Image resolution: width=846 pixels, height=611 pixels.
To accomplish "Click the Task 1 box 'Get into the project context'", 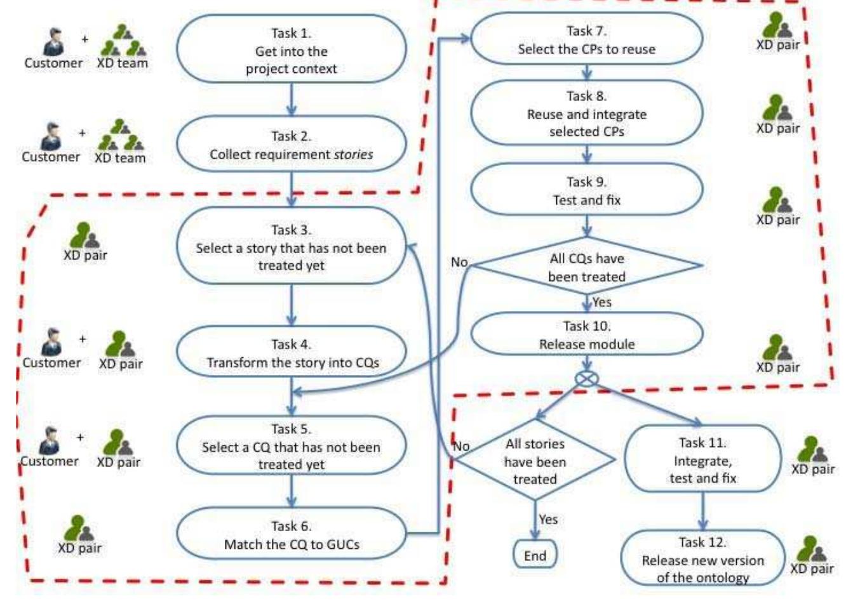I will pos(291,50).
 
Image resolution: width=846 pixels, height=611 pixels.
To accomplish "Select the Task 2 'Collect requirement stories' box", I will pos(291,145).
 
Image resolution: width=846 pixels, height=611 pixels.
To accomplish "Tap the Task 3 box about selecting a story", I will pos(291,247).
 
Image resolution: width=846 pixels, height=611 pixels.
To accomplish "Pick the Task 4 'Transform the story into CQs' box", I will pos(291,353).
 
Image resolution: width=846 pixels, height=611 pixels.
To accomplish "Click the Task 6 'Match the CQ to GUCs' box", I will pos(291,535).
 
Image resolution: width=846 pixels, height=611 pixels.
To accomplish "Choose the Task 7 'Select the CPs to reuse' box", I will pos(586,39).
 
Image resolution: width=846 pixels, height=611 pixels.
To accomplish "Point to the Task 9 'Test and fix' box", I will pos(586,190).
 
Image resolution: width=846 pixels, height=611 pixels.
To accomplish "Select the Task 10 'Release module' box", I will pos(586,334).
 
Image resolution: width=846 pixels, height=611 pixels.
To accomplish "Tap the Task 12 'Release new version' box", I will pos(702,559).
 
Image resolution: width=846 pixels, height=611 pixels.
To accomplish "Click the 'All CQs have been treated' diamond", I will pos(586,267).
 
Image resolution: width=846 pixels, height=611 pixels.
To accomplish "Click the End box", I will pos(535,555).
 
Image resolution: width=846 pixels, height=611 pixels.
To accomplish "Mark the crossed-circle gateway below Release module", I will pos(586,379).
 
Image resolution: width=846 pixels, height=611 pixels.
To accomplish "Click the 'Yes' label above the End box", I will pos(548,519).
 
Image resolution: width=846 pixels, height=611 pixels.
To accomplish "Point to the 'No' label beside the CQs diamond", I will pos(459,261).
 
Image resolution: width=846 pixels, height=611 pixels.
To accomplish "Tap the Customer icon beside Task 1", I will pos(54,41).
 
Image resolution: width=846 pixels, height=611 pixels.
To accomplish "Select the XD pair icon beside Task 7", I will pos(777,27).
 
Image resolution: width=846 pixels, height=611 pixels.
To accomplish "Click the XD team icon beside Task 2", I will pos(121,135).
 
